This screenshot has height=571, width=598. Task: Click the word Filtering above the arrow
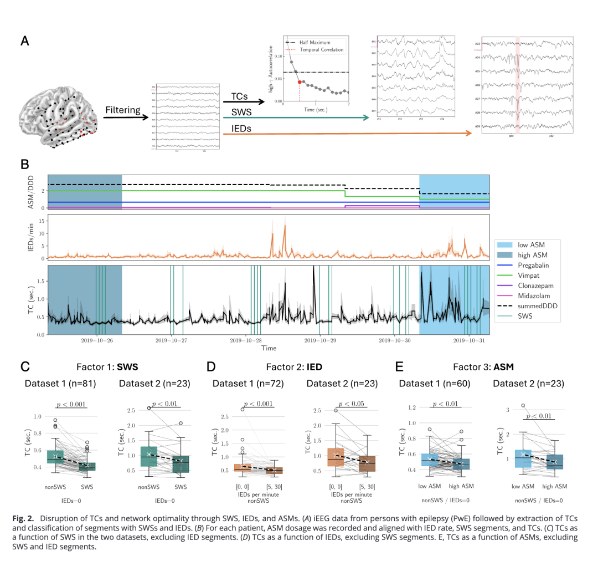tap(123, 110)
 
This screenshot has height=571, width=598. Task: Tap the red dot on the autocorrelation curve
tap(300, 82)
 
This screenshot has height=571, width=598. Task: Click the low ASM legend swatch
tap(506, 244)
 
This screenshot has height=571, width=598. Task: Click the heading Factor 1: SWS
tap(107, 367)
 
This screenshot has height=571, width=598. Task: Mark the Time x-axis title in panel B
tap(269, 348)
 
